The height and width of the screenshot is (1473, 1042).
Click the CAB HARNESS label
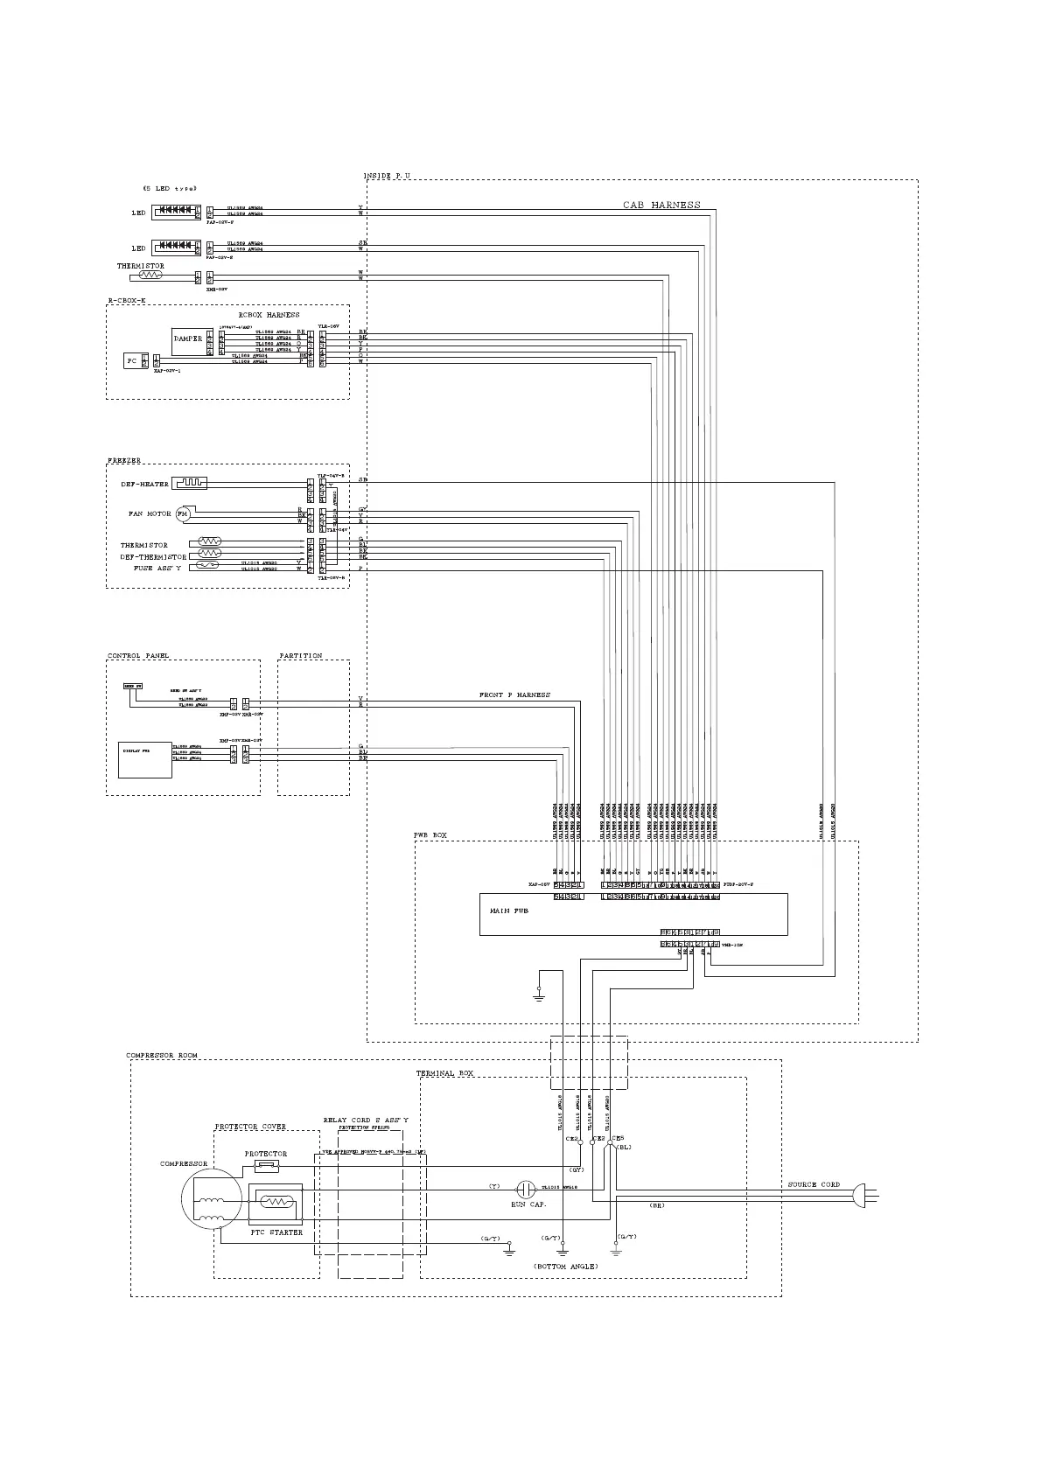tap(661, 205)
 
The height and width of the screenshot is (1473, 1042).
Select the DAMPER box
tap(188, 339)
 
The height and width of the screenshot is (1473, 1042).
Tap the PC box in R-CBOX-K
tap(132, 360)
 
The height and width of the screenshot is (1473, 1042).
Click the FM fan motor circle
tap(182, 514)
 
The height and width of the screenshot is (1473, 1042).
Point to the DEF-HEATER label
tap(145, 485)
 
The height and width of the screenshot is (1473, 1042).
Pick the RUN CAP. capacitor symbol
tap(525, 1189)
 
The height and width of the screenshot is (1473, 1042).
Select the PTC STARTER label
tap(276, 1232)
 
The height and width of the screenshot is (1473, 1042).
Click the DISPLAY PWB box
tap(145, 759)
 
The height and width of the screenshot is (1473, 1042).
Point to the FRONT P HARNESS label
tap(514, 695)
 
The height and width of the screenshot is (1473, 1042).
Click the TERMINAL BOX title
tap(444, 1072)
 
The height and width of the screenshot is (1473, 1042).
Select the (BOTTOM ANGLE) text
tap(566, 1267)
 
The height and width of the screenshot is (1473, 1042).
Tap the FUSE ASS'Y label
tap(157, 569)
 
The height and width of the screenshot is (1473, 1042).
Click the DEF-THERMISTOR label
tap(153, 557)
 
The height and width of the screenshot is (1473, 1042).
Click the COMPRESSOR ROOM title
tap(162, 1056)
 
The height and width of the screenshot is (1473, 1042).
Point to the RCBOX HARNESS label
tap(269, 315)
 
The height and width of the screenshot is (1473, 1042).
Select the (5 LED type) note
tap(170, 188)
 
